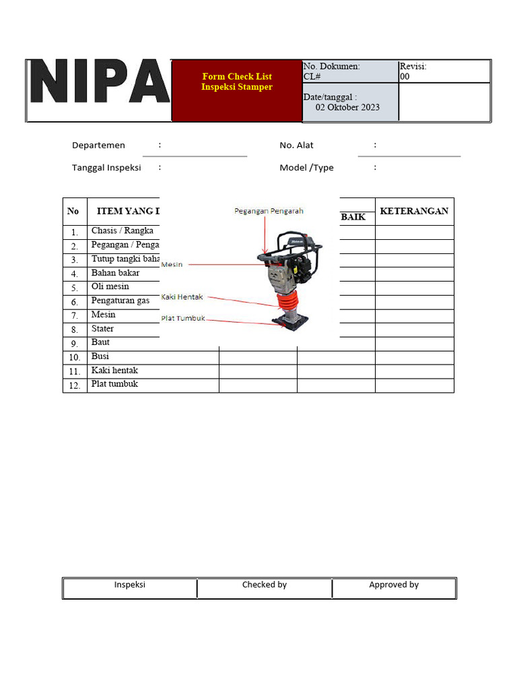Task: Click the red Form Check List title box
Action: pyautogui.click(x=237, y=90)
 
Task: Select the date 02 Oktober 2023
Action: pyautogui.click(x=347, y=107)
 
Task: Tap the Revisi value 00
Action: pyautogui.click(x=405, y=77)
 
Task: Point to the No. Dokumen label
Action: pyautogui.click(x=331, y=66)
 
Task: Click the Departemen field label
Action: pyautogui.click(x=98, y=145)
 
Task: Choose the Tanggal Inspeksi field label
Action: pyautogui.click(x=106, y=168)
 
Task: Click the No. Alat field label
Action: pyautogui.click(x=296, y=145)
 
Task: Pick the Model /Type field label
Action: pyautogui.click(x=306, y=168)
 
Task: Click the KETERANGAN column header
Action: pyautogui.click(x=414, y=211)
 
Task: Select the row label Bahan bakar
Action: pyautogui.click(x=115, y=273)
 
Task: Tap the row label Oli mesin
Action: pyautogui.click(x=110, y=286)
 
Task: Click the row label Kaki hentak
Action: pyautogui.click(x=114, y=370)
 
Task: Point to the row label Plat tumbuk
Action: pyautogui.click(x=114, y=384)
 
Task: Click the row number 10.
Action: pyautogui.click(x=75, y=357)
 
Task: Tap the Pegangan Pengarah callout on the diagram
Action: pyautogui.click(x=269, y=211)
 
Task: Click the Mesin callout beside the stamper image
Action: pyautogui.click(x=172, y=265)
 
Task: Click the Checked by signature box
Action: pyautogui.click(x=265, y=588)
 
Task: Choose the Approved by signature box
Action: pyautogui.click(x=394, y=588)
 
